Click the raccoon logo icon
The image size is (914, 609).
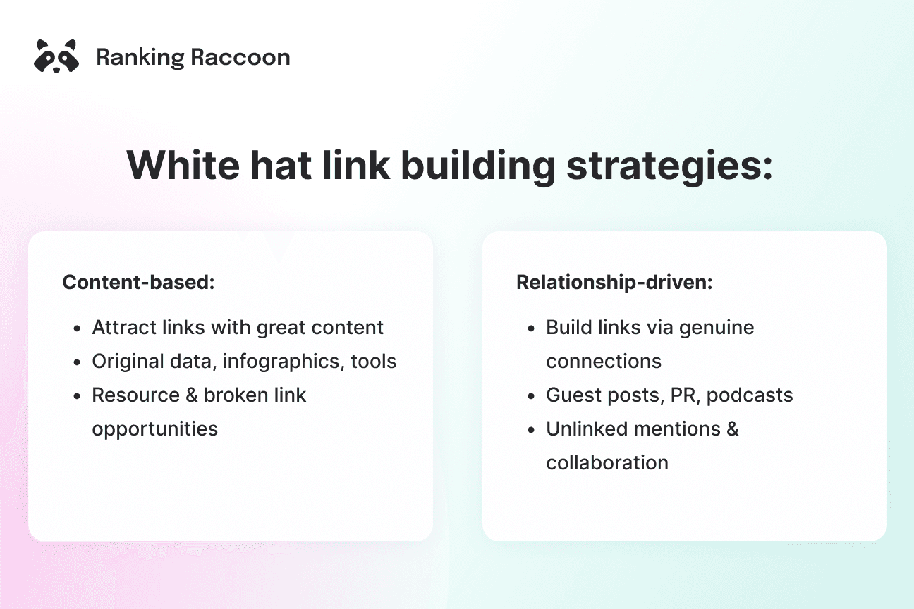56,56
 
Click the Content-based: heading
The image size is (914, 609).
138,283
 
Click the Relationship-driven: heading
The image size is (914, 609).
614,283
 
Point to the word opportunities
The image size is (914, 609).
154,429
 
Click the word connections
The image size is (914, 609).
604,362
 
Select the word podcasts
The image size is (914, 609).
750,395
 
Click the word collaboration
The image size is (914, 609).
607,462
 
